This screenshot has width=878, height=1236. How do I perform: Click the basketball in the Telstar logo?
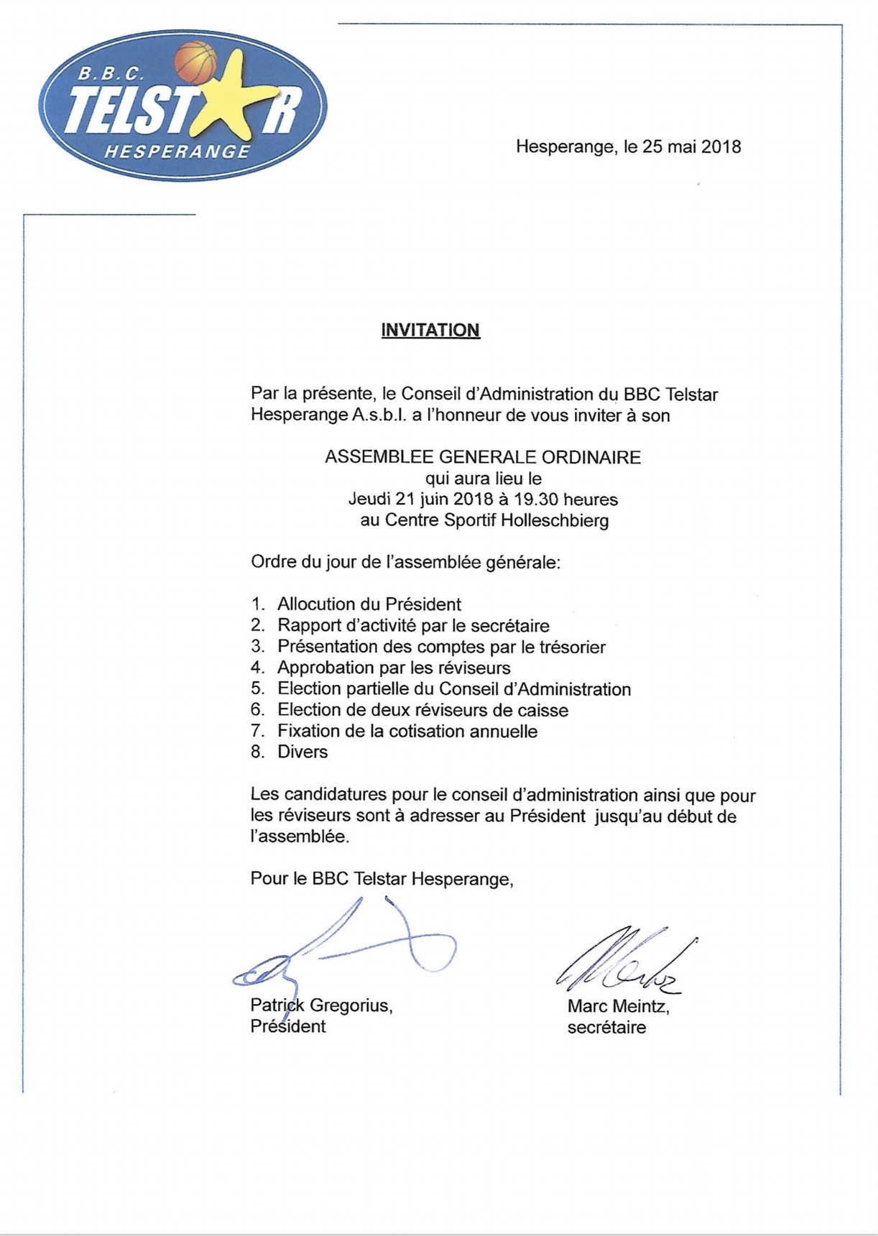[x=195, y=62]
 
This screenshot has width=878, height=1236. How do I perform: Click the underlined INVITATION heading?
[x=430, y=330]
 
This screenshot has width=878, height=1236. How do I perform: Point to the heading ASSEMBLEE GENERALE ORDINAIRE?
[x=482, y=457]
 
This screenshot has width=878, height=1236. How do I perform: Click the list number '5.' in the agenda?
[x=258, y=688]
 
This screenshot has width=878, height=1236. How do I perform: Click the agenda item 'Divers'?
[x=302, y=752]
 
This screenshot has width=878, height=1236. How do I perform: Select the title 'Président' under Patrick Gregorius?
[x=287, y=1026]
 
